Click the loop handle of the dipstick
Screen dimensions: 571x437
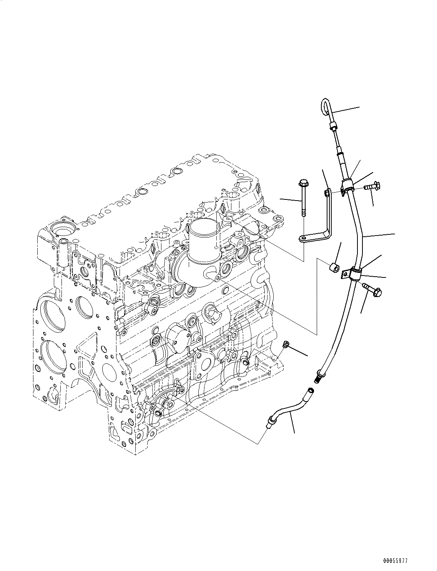324,106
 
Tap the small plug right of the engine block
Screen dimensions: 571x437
286,344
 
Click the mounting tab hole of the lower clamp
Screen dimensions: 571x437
346,273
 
